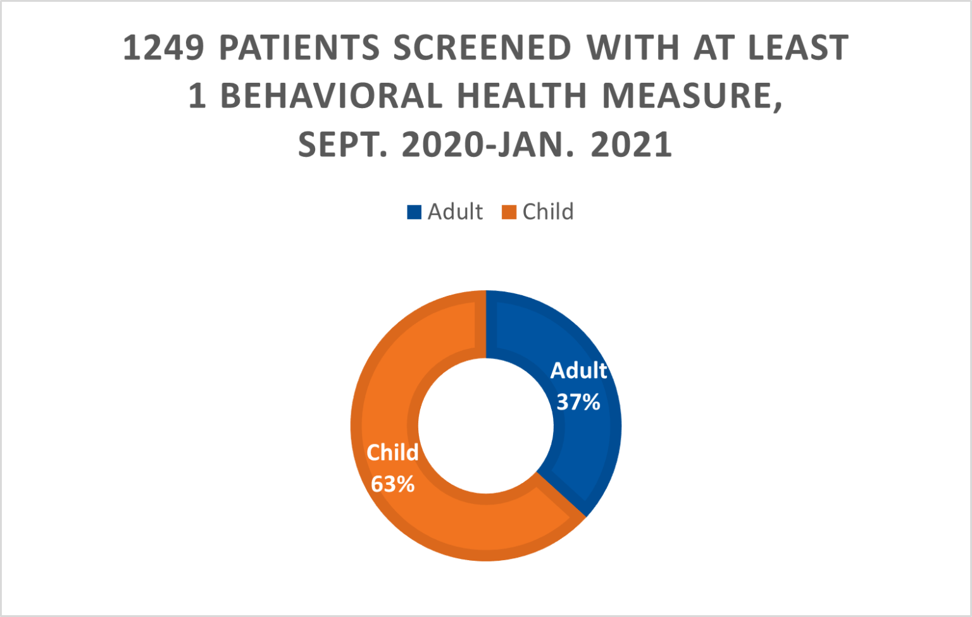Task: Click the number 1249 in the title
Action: [163, 49]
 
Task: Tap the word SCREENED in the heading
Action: [482, 49]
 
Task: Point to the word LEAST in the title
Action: [798, 49]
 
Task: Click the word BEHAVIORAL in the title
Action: [331, 97]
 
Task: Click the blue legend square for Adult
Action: [414, 212]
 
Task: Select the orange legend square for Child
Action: [509, 212]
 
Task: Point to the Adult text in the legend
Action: [455, 212]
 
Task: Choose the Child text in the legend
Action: [548, 212]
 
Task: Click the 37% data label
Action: [578, 402]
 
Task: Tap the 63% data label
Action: [392, 484]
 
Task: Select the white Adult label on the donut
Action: [578, 371]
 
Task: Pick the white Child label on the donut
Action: [392, 453]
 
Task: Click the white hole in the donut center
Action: [485, 425]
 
